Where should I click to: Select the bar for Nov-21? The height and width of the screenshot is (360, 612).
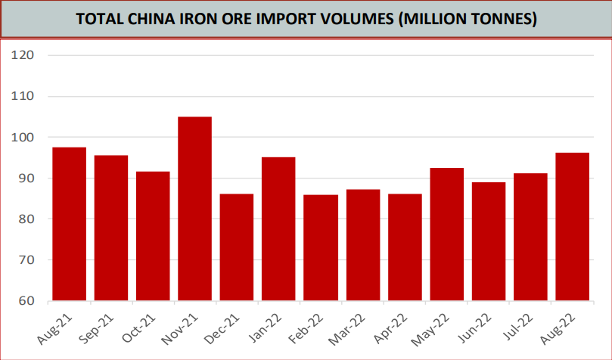pos(194,209)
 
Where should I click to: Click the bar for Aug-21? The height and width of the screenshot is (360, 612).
pos(69,224)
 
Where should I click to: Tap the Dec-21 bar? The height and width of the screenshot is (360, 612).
pos(237,247)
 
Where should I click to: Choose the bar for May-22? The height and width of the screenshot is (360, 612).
pos(446,234)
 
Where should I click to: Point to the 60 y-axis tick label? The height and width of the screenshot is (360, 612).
pos(27,301)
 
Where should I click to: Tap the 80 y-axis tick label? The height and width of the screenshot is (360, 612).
pos(27,219)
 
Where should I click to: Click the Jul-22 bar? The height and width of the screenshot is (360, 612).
pos(530,237)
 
